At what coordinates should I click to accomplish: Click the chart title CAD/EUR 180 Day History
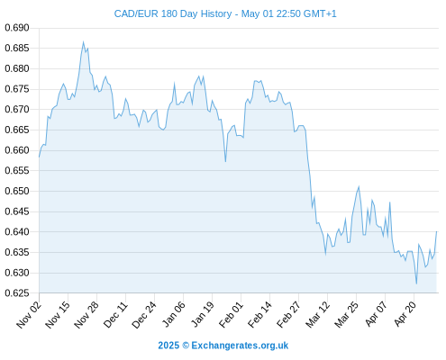(x=173, y=13)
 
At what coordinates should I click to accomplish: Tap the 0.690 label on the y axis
(x=17, y=28)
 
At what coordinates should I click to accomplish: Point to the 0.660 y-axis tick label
(x=17, y=150)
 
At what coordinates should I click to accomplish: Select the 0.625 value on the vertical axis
(x=17, y=292)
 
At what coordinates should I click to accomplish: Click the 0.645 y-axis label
(x=17, y=211)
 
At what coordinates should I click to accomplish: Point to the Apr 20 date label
(x=405, y=314)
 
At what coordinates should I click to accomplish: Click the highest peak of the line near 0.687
(x=83, y=42)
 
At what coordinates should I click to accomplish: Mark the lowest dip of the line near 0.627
(x=416, y=283)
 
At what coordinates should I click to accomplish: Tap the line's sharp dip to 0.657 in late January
(x=225, y=162)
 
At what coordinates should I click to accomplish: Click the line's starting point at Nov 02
(x=39, y=157)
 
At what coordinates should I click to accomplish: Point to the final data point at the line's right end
(x=436, y=231)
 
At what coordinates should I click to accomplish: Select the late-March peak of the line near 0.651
(x=359, y=186)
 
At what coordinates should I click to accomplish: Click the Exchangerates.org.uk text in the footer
(x=240, y=346)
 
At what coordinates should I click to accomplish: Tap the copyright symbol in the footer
(x=186, y=346)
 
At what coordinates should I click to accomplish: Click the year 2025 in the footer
(x=168, y=346)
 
